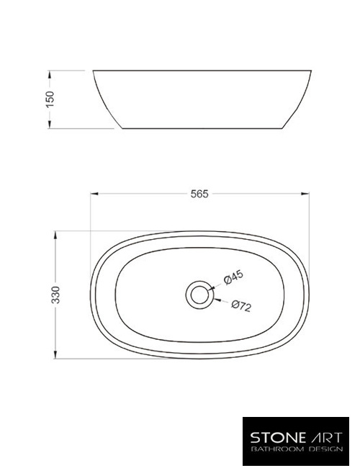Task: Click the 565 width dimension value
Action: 199,194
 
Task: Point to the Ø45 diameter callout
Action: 234,277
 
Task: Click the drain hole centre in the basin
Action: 199,294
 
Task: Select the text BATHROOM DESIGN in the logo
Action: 297,449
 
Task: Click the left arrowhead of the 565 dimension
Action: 91,194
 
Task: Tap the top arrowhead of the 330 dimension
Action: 55,233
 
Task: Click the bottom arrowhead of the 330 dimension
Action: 55,356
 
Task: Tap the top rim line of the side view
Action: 202,71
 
